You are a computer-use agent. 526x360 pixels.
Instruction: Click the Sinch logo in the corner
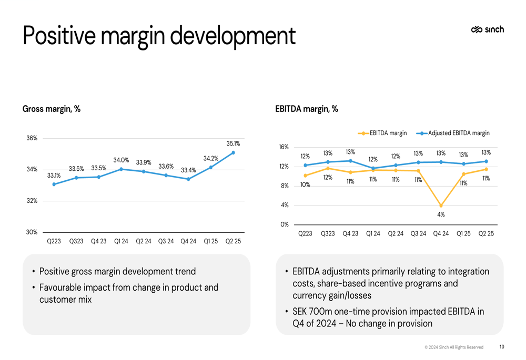tap(487, 30)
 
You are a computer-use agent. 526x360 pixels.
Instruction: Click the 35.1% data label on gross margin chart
tap(233, 143)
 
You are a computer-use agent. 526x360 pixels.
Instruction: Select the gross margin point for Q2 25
tap(233, 153)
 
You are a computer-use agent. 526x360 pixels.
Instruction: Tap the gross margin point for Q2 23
tap(54, 184)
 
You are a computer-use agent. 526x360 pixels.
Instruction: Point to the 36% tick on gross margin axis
tap(32, 138)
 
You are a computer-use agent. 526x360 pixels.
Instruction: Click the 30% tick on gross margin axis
tap(32, 232)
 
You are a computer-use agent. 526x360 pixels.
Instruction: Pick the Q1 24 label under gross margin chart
tap(121, 241)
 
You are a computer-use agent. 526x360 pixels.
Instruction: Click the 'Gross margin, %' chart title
tap(52, 109)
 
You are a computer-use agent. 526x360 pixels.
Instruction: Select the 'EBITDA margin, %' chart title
tap(307, 109)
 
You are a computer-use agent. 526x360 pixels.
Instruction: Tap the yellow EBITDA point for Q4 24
tap(441, 205)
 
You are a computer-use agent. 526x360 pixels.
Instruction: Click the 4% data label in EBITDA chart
tap(441, 214)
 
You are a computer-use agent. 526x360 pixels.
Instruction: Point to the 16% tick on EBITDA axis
tap(284, 147)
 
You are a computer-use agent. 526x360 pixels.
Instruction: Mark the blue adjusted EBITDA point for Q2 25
tap(486, 161)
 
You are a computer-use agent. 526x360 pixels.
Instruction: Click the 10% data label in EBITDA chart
tap(305, 185)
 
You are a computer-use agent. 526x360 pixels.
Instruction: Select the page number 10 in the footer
tap(501, 347)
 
